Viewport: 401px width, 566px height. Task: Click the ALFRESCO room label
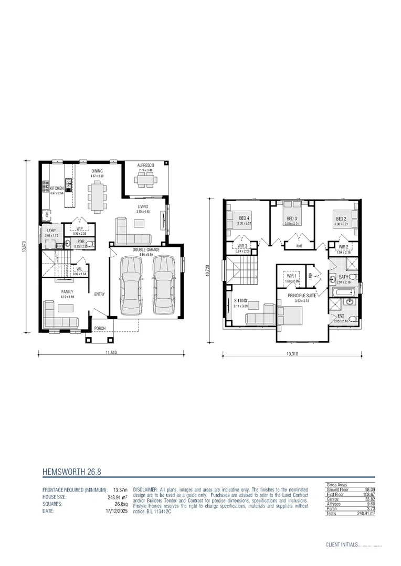click(145, 165)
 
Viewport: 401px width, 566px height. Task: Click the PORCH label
click(100, 329)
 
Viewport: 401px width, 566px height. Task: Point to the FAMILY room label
click(67, 292)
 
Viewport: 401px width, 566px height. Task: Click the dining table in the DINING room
click(97, 195)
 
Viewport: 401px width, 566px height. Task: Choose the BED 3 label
click(292, 219)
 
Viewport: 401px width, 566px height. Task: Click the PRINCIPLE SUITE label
click(301, 296)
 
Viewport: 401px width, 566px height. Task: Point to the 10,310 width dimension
click(293, 354)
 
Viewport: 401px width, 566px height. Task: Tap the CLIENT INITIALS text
click(341, 545)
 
